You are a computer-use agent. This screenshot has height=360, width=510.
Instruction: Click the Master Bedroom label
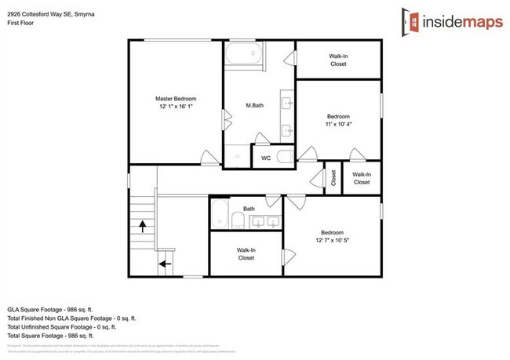point(175,99)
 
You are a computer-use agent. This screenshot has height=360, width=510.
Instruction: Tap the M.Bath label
point(253,105)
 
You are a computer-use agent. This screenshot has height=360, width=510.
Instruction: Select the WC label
point(265,157)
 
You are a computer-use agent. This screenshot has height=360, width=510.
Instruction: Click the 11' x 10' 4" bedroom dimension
point(338,124)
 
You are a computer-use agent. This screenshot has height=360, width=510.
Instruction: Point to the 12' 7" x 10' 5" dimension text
point(332,241)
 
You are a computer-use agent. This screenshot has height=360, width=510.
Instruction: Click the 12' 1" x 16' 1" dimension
point(175,107)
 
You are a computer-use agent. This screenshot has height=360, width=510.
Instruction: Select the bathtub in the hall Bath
point(220,213)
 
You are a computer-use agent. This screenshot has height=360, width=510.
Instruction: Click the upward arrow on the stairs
point(142,227)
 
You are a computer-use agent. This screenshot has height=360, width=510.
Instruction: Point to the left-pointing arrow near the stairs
point(166,264)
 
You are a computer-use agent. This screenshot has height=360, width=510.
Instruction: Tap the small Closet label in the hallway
point(333,178)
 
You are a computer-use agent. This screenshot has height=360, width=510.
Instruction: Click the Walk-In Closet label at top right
point(338,60)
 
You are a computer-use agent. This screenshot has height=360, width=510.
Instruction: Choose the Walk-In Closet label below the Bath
point(246,254)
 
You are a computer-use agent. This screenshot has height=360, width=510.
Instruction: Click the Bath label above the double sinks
point(249,209)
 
